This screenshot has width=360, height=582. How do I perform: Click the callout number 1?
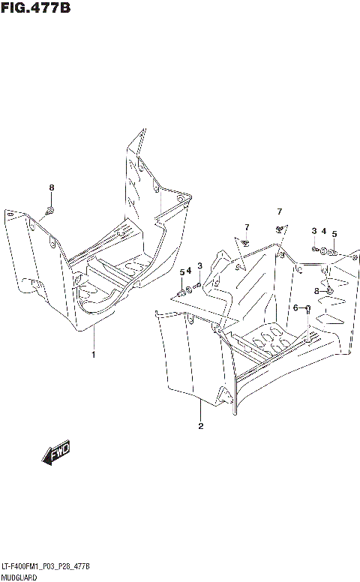94,354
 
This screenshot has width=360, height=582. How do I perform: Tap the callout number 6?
295,307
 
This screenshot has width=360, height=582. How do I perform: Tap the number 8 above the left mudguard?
51,187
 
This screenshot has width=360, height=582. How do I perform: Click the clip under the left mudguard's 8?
50,209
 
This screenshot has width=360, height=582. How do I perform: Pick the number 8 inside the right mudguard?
317,290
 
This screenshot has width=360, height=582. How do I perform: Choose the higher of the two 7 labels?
279,211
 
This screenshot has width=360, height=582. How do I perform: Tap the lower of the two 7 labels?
245,227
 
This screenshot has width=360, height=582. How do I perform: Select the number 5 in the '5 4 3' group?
181,272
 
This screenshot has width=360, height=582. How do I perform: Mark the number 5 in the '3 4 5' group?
334,233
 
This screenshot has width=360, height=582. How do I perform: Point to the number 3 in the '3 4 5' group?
314,230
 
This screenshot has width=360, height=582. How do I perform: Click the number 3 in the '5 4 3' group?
199,265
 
